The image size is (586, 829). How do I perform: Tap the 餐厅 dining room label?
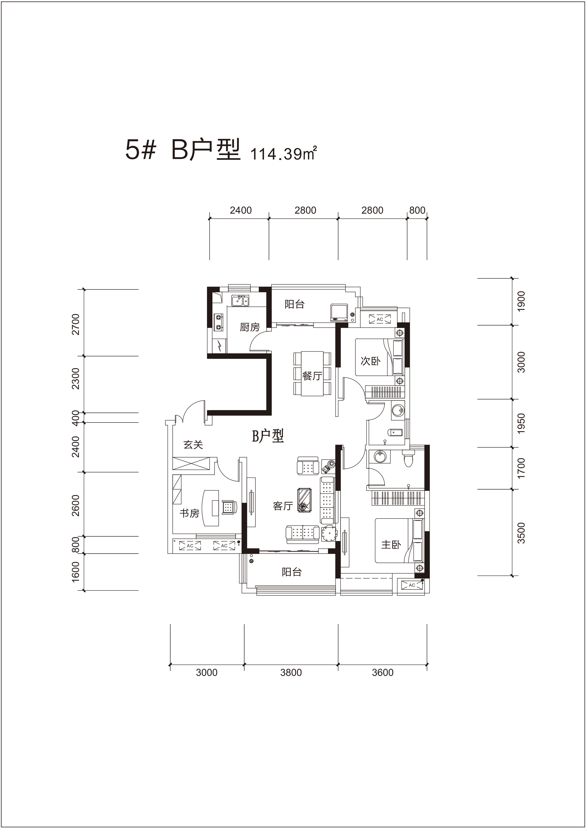(x=312, y=376)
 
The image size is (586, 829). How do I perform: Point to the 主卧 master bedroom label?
(x=391, y=544)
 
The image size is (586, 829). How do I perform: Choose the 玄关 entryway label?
(x=193, y=445)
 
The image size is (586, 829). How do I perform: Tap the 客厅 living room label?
(x=283, y=506)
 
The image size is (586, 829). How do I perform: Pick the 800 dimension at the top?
(x=417, y=210)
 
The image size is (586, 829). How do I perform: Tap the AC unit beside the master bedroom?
(x=412, y=585)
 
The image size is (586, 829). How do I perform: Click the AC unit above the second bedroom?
(x=380, y=319)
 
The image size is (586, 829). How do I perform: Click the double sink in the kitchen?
(x=240, y=300)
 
